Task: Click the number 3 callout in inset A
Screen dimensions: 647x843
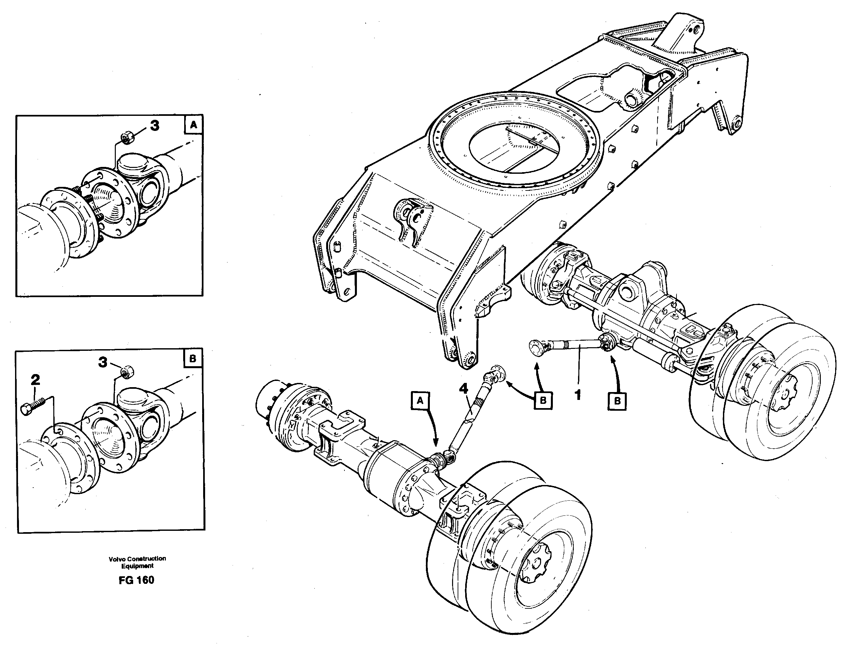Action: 154,126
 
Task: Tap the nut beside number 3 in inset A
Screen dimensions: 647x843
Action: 127,137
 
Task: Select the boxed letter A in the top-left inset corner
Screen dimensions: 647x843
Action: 193,125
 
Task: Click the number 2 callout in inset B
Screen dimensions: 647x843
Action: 35,380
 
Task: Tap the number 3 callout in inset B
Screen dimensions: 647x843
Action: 103,362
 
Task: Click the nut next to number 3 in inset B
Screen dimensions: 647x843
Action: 126,372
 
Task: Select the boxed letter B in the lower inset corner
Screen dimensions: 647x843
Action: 193,359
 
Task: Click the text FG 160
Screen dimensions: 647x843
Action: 136,580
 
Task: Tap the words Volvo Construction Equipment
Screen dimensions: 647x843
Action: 137,562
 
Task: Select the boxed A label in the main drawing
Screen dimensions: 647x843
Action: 420,401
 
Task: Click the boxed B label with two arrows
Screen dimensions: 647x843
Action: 543,401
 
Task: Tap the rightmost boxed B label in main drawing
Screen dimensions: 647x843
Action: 617,401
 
